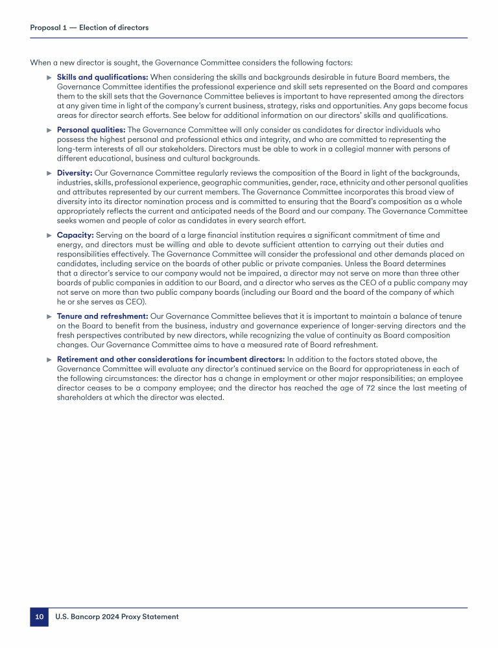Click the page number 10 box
[39, 617]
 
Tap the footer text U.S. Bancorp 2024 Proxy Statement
[117, 617]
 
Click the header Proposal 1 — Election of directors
[89, 28]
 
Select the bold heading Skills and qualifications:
[102, 77]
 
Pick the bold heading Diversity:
[75, 173]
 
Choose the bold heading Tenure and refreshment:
[102, 316]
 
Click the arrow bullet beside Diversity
[49, 173]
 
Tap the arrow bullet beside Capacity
[49, 235]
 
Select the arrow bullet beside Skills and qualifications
[49, 77]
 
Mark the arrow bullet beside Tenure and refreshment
[49, 316]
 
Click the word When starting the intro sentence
[41, 63]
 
